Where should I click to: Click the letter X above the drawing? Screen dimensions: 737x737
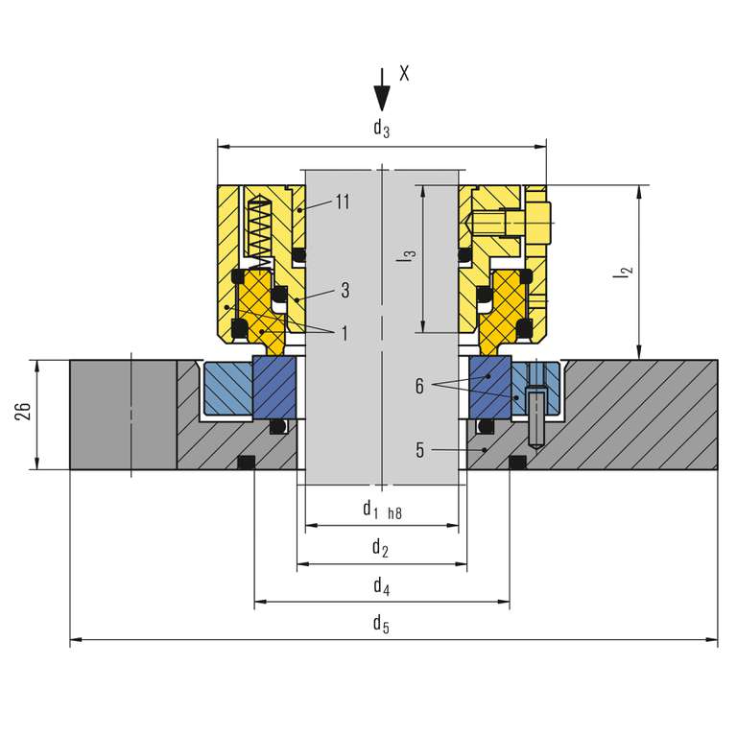click(x=404, y=74)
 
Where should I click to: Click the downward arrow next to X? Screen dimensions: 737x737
click(x=382, y=92)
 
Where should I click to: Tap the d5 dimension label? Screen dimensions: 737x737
click(x=381, y=624)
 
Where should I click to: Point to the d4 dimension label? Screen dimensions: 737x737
click(x=381, y=585)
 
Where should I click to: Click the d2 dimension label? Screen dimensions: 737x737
click(x=380, y=548)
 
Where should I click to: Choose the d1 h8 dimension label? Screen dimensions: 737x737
click(x=380, y=510)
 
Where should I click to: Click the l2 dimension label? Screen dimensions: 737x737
click(x=624, y=273)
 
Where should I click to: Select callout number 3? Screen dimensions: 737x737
click(x=344, y=289)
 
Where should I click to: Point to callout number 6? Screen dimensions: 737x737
click(x=418, y=386)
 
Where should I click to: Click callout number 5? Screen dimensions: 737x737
click(x=418, y=448)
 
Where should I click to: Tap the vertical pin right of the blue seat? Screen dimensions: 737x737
click(x=535, y=408)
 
